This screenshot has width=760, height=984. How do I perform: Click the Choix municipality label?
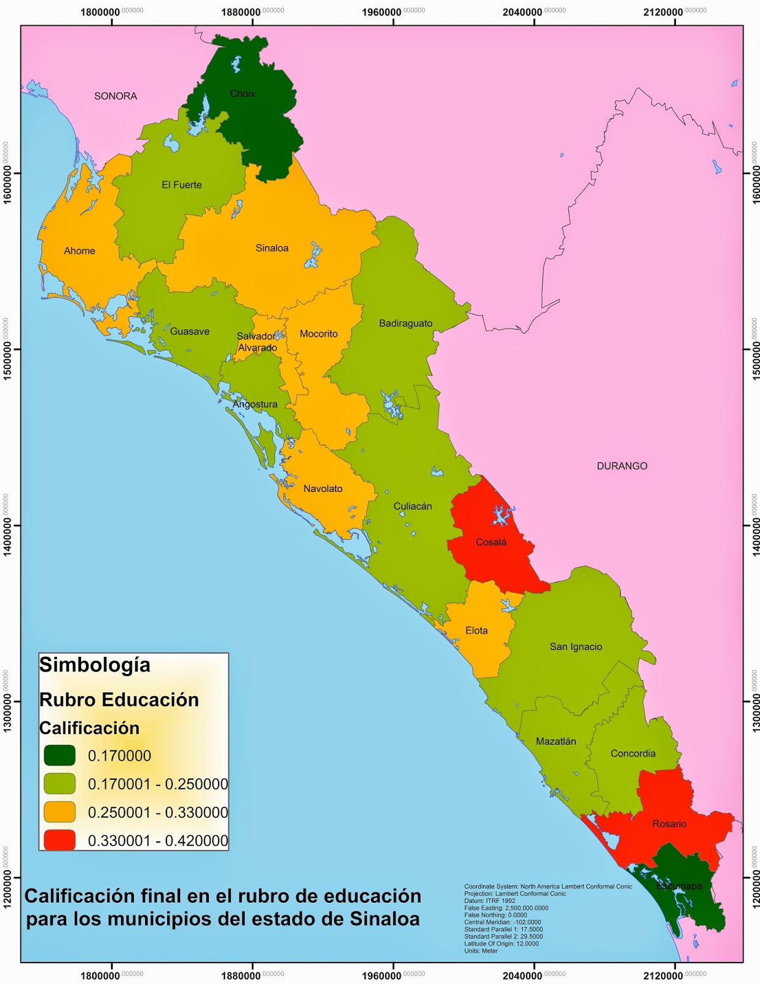(243, 93)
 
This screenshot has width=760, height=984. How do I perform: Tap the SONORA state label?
(116, 96)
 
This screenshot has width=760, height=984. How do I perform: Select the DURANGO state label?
(622, 466)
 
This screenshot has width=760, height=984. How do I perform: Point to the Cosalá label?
(491, 542)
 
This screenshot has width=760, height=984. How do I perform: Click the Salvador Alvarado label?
(257, 342)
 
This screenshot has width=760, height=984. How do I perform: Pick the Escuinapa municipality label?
(678, 886)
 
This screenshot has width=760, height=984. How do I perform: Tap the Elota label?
(476, 630)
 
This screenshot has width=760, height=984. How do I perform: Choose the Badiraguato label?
(405, 323)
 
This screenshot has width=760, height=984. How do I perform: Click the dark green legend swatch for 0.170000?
(60, 756)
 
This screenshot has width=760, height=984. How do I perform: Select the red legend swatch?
(60, 840)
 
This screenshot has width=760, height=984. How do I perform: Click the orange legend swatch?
(60, 812)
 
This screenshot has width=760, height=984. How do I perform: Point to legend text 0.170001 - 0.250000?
(157, 784)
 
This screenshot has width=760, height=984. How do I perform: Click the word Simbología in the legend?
(95, 665)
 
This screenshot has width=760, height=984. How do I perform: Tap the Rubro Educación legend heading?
(119, 700)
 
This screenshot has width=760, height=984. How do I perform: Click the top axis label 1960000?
(382, 12)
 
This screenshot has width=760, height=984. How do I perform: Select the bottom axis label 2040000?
(522, 975)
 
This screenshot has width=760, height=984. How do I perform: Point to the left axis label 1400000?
(7, 525)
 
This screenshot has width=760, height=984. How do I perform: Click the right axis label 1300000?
(755, 701)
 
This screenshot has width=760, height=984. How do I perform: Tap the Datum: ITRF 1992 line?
(490, 900)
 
